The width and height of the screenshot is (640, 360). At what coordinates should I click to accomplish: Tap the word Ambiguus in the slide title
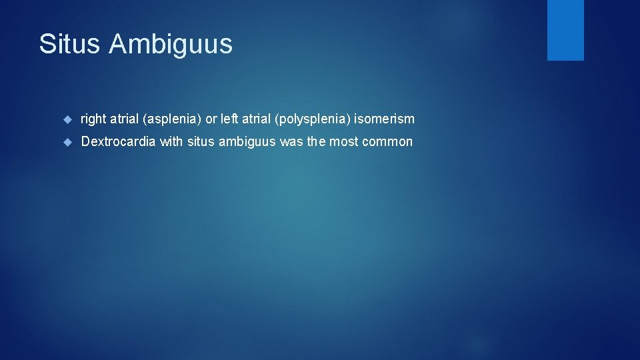171,44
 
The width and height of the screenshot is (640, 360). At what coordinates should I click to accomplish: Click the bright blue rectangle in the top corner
565,30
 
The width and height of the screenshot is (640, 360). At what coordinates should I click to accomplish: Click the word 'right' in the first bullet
93,119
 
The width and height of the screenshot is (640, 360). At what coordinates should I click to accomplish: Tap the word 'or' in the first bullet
211,119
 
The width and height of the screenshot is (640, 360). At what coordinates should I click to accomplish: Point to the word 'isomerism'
385,119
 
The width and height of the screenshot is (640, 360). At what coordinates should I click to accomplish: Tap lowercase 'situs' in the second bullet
201,142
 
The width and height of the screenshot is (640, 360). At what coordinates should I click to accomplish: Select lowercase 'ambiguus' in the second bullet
245,142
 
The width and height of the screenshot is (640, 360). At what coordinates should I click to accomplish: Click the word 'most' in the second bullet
344,142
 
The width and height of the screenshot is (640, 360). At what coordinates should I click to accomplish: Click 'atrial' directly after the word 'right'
124,119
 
